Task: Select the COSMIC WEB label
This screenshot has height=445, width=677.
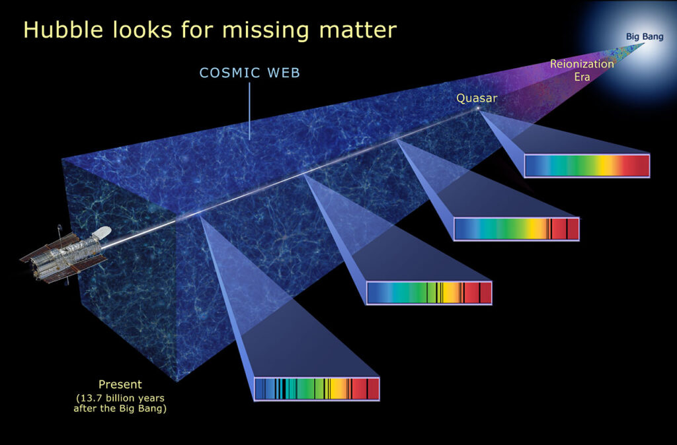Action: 250,73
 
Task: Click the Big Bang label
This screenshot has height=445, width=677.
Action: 644,36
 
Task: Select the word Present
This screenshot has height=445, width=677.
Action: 120,384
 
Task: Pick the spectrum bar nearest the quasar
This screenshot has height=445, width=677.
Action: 586,166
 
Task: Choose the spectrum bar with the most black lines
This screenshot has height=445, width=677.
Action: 317,389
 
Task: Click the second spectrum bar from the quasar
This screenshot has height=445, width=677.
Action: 516,228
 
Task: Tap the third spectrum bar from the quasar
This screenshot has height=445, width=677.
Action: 429,292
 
